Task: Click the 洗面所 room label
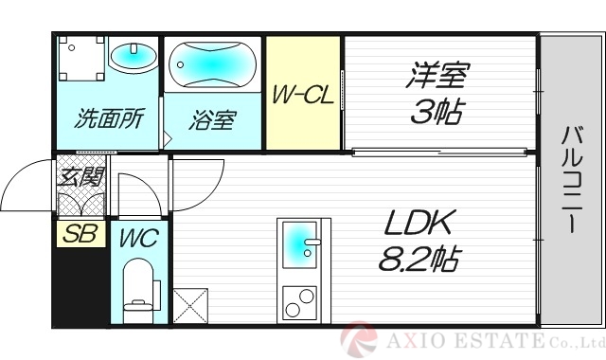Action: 109,119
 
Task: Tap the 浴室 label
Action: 212,120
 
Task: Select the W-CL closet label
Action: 303,96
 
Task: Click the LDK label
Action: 420,225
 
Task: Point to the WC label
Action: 137,237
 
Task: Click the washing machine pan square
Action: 80,60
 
